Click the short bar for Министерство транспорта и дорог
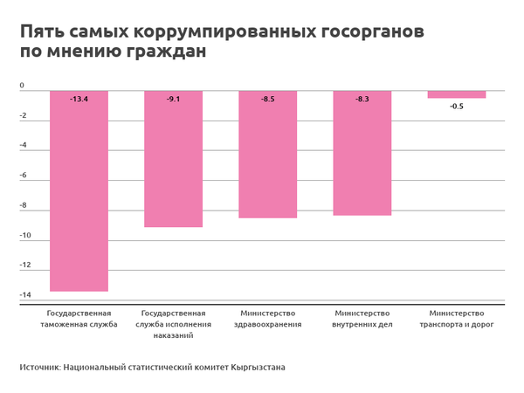pos(456,94)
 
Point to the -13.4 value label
pos(79,100)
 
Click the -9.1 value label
pos(173,100)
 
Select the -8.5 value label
pos(267,100)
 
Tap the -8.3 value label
pos(362,100)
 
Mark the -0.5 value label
pos(456,106)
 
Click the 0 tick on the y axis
pos(22,86)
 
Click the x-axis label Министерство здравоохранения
pos(267,319)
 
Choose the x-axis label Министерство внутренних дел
pos(362,319)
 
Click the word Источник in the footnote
pos(38,368)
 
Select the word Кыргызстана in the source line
pos(258,368)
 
